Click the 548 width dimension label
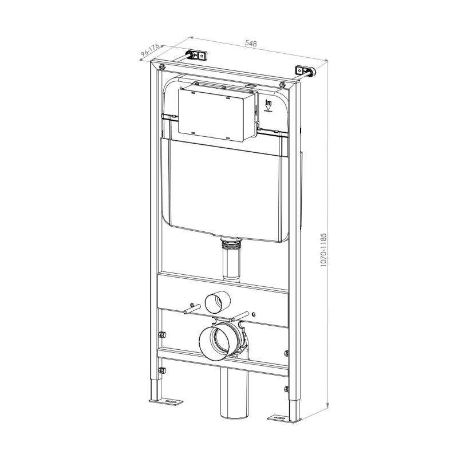click(251, 44)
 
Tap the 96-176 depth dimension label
click(149, 50)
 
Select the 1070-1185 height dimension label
click(323, 250)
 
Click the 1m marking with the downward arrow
click(268, 106)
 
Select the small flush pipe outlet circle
click(218, 302)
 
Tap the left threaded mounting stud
click(192, 309)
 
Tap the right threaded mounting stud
click(241, 316)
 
